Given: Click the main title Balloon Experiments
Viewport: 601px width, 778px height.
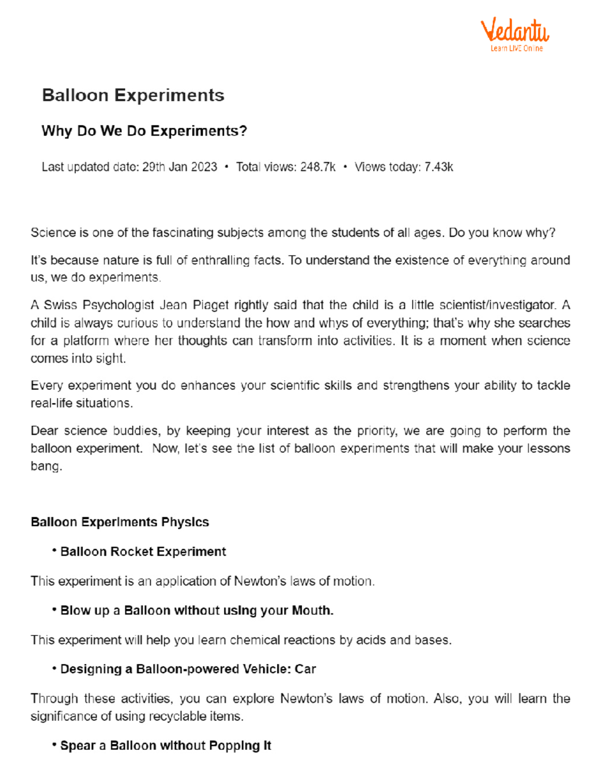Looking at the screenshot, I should [x=133, y=95].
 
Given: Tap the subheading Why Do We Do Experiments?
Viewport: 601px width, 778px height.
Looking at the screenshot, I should [x=144, y=131].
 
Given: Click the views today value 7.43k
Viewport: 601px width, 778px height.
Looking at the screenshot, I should [x=439, y=167].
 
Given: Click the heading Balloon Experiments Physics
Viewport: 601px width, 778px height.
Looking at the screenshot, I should [x=120, y=522].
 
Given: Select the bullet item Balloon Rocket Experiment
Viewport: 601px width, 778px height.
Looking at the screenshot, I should [x=143, y=552].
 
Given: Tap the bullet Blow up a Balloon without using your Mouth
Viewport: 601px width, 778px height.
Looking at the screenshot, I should [x=196, y=611].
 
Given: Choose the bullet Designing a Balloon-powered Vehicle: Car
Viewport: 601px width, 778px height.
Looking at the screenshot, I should [x=188, y=669].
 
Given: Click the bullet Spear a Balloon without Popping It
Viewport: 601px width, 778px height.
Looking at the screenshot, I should [x=165, y=746].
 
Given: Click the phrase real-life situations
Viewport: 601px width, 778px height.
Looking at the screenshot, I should [x=82, y=404].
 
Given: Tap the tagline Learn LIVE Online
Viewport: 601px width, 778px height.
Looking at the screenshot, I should [x=516, y=49].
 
